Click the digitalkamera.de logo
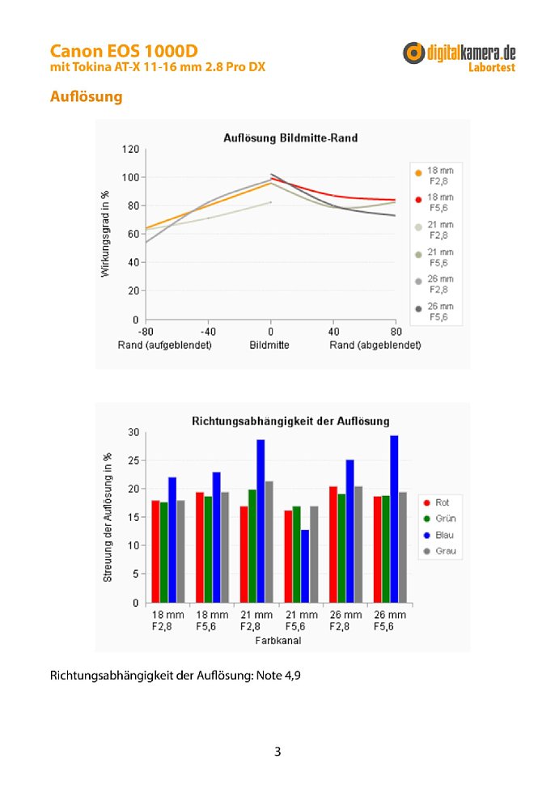pyautogui.click(x=459, y=57)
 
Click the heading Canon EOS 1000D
pyautogui.click(x=124, y=51)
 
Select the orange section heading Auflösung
pyautogui.click(x=86, y=96)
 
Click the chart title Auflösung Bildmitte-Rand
pyautogui.click(x=290, y=138)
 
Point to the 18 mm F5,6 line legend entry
pyautogui.click(x=434, y=202)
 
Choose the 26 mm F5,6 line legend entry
pyautogui.click(x=434, y=311)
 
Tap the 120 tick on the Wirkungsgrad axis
pyautogui.click(x=130, y=149)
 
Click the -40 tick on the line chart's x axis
pyautogui.click(x=208, y=332)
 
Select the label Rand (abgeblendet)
pyautogui.click(x=375, y=345)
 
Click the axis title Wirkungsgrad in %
pyautogui.click(x=105, y=234)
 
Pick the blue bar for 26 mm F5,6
pyautogui.click(x=394, y=519)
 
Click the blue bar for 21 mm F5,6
pyautogui.click(x=305, y=566)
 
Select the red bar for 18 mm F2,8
pyautogui.click(x=156, y=552)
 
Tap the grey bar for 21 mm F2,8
pyautogui.click(x=269, y=542)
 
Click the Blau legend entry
pyautogui.click(x=438, y=535)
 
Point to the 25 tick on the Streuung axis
pyautogui.click(x=133, y=460)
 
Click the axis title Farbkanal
pyautogui.click(x=278, y=641)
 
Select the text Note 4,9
pyautogui.click(x=278, y=676)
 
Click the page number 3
pyautogui.click(x=277, y=752)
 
